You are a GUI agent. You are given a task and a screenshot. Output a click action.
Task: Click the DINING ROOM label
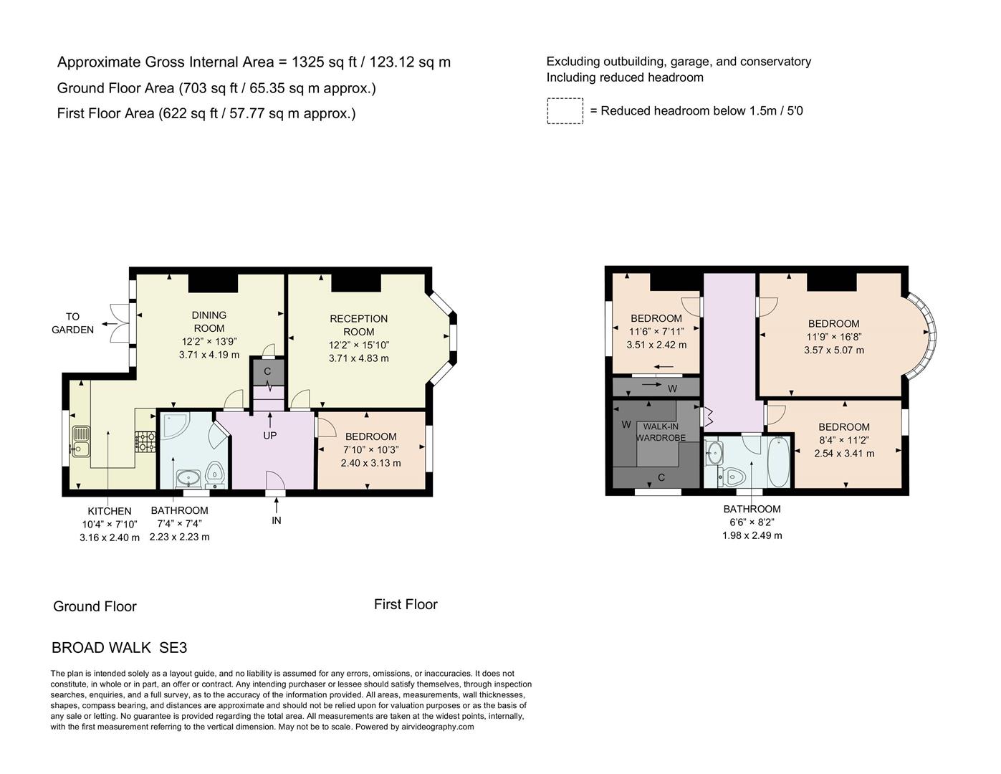pos(209,321)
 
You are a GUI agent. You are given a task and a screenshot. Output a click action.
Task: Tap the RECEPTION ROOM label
pos(358,325)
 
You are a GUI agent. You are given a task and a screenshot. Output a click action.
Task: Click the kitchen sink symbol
pos(80,441)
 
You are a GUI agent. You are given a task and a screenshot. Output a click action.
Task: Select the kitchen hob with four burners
pos(145,441)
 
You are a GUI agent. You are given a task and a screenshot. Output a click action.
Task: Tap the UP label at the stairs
pos(269,435)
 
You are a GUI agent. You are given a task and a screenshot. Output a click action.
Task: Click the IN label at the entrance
pos(277,520)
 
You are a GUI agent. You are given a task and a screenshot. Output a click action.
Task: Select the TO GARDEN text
pos(73,323)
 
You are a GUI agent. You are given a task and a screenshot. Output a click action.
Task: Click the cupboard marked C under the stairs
pos(267,371)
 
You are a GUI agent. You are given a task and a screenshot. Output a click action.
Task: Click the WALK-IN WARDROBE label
pos(661,432)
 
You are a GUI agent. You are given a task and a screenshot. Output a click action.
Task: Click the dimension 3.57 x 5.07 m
pos(834,350)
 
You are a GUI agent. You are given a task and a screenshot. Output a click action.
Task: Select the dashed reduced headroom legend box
pos(565,111)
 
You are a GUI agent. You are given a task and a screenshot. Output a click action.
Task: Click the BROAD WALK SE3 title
pos(119,648)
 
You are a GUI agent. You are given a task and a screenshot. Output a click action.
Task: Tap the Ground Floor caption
pos(95,606)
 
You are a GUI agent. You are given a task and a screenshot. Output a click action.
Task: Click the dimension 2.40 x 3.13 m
pos(370,463)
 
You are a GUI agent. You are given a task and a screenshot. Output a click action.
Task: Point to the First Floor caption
pos(406,604)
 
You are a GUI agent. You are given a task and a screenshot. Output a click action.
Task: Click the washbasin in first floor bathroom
pos(714,452)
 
